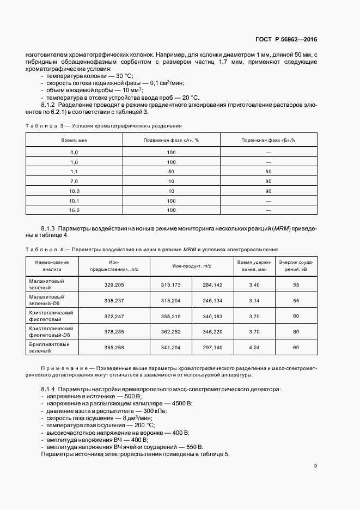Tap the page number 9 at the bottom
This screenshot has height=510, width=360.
tap(315, 465)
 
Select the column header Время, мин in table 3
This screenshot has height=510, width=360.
tap(74, 140)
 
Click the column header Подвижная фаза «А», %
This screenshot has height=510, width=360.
tap(171, 140)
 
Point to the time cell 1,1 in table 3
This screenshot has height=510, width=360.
tap(74, 171)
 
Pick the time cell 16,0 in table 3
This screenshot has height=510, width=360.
tap(74, 210)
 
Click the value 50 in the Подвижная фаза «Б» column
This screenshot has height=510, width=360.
tap(268, 171)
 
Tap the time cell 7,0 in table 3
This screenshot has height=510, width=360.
tap(74, 181)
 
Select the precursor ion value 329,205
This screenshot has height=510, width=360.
tap(114, 284)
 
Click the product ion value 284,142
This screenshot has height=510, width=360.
tap(212, 284)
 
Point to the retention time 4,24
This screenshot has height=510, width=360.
tap(254, 347)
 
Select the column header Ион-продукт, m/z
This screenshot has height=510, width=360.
tap(192, 265)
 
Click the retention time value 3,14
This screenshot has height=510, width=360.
tap(254, 300)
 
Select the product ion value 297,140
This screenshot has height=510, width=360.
tap(212, 347)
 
